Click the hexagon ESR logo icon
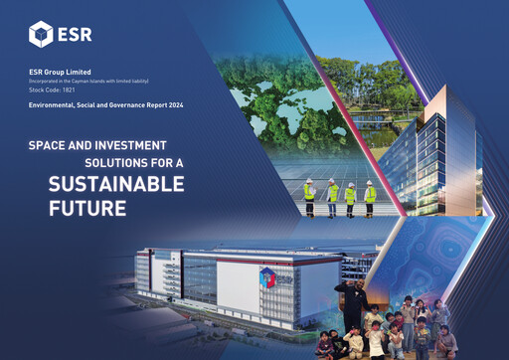41,34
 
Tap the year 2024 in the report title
173,104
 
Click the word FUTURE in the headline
87,209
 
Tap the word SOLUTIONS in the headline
107,162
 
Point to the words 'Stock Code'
44,89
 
